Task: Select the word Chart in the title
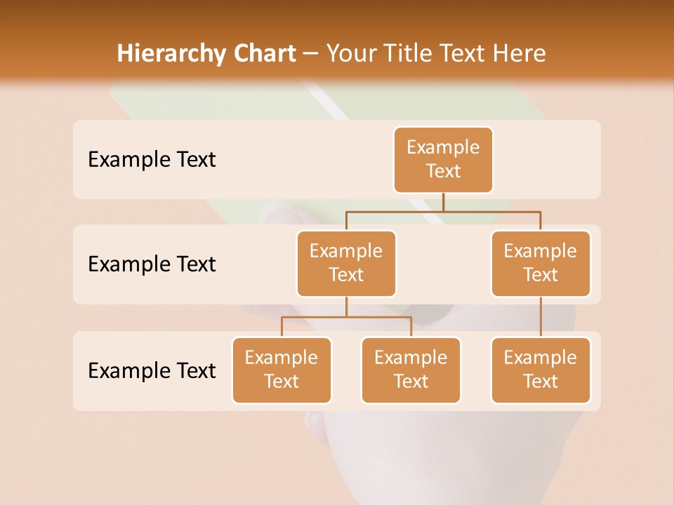(x=264, y=53)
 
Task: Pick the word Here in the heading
(x=520, y=53)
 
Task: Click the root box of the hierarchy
(x=443, y=159)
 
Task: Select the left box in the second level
(x=346, y=263)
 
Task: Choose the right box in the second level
(x=541, y=263)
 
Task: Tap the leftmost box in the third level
(x=282, y=370)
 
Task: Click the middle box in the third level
(x=411, y=370)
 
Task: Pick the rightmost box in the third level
(x=541, y=370)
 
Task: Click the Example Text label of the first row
(x=152, y=160)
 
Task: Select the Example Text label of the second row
(x=152, y=264)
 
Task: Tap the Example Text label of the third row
(x=152, y=370)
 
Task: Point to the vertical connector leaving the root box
(x=443, y=202)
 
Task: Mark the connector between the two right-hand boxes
(x=541, y=317)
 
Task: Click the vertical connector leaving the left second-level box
(x=346, y=307)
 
